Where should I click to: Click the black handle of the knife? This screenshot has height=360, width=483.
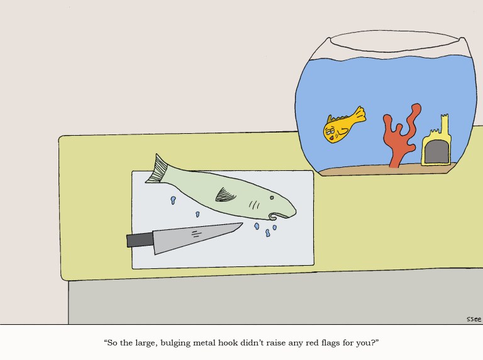click(140, 239)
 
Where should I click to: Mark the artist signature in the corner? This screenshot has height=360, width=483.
click(474, 319)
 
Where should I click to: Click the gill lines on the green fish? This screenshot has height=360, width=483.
click(255, 204)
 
